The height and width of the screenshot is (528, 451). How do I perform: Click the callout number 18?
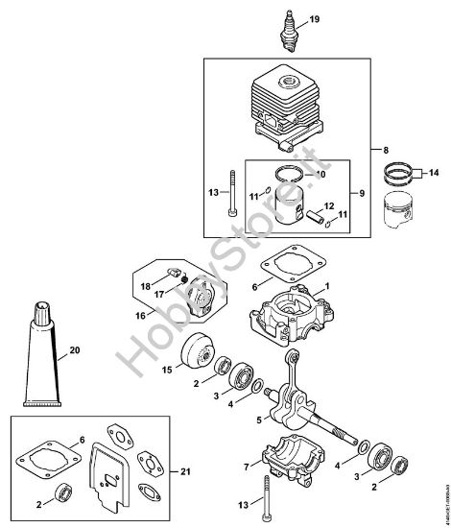coord(146,286)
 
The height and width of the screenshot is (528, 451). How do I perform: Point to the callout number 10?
coord(320,175)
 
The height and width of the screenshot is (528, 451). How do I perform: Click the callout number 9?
coord(363,192)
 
